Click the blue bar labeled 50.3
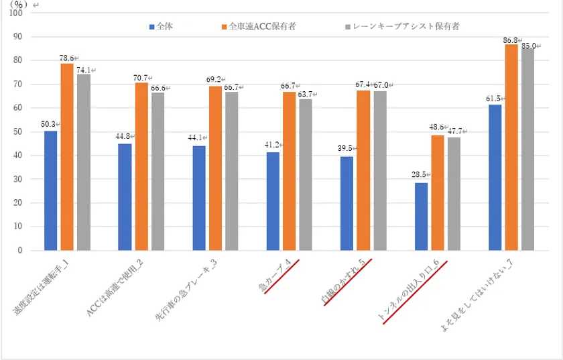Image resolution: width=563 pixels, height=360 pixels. [51, 190]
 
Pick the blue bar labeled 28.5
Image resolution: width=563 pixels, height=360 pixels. [421, 217]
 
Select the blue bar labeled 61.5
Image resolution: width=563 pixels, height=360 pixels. [495, 177]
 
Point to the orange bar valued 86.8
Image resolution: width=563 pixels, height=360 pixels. [511, 147]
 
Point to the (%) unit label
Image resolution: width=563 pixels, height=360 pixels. [19, 4]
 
